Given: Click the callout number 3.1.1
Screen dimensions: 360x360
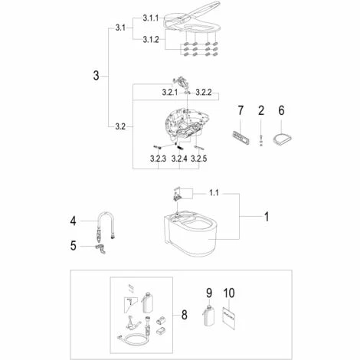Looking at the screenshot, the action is click(x=151, y=18).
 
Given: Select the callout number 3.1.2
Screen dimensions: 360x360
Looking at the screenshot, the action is click(x=151, y=40).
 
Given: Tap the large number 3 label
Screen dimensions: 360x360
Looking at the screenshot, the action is click(x=96, y=76).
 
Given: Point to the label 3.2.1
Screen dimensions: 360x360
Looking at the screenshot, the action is click(x=170, y=93).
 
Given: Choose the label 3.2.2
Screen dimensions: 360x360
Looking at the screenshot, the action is click(x=204, y=93).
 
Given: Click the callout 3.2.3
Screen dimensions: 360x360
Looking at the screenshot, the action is click(x=158, y=159).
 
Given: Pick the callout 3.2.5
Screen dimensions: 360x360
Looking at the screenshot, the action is click(x=199, y=159).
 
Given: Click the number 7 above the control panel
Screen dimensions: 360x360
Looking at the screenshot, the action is click(x=241, y=110).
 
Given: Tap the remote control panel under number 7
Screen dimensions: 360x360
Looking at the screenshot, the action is click(x=241, y=138).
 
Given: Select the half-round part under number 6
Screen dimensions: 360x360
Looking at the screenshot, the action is click(x=282, y=139).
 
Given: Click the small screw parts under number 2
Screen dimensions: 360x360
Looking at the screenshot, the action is click(x=260, y=140).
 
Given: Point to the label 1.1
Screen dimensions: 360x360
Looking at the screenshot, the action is click(x=214, y=193).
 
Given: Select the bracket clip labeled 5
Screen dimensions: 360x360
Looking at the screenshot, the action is click(x=101, y=249).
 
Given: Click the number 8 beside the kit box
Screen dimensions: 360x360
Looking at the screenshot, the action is click(x=184, y=315).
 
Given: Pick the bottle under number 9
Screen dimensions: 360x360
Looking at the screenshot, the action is click(x=209, y=316).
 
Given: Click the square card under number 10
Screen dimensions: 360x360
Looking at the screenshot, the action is click(x=229, y=318).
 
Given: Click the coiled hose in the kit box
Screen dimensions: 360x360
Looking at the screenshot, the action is click(x=133, y=339).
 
